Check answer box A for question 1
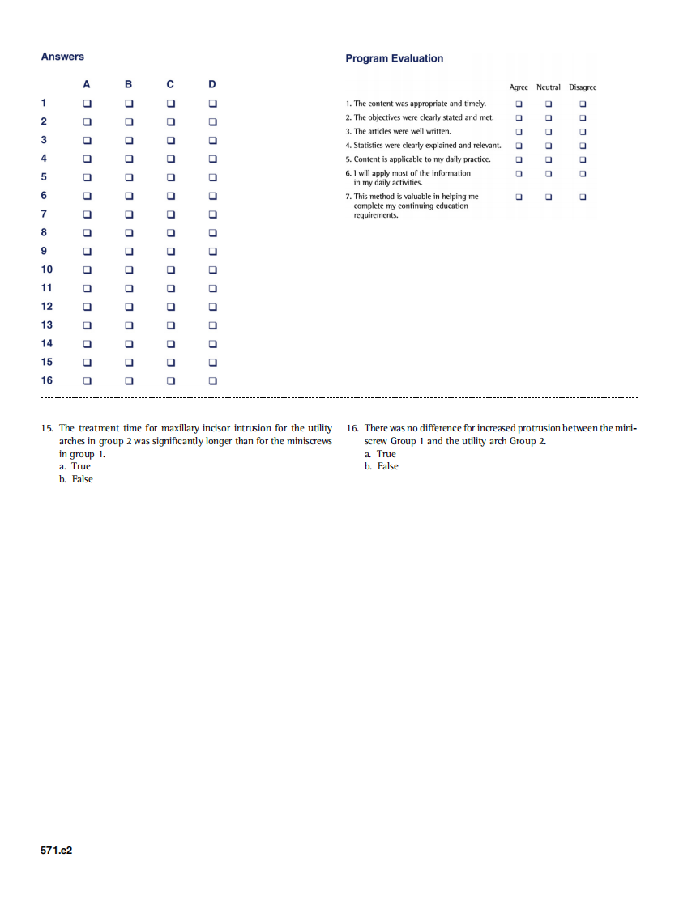tap(87, 104)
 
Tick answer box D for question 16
tap(213, 380)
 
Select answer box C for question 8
tap(170, 233)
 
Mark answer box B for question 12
tap(128, 307)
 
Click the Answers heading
tap(62, 57)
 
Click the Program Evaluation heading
tap(394, 58)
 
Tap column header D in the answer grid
tap(212, 84)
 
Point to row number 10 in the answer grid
tap(47, 269)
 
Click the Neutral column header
tap(549, 87)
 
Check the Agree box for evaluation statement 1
tap(519, 104)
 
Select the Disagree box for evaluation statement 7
tap(583, 197)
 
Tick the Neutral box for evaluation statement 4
tap(549, 146)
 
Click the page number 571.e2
tap(57, 851)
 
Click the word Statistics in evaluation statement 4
tap(370, 146)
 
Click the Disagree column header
tap(583, 87)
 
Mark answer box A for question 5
tap(87, 177)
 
